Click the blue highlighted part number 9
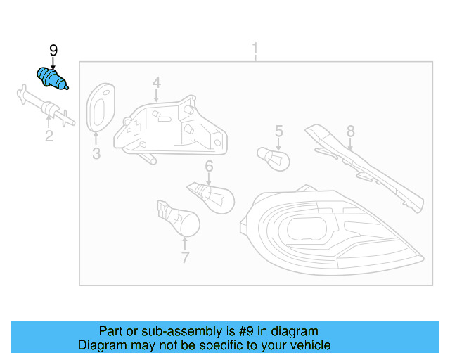coord(51,79)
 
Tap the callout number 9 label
coord(53,50)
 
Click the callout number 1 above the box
coord(255,49)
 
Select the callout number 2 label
coord(49,136)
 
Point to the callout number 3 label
coord(96,154)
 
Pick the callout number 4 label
coord(156,82)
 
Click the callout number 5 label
coord(278,131)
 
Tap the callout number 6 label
coord(209,167)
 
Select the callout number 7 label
coord(185,257)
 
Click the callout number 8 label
coord(350,131)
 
